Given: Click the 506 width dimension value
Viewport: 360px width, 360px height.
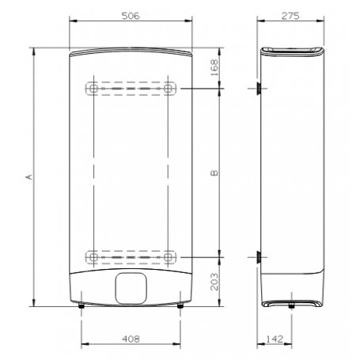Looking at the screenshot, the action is [131, 16].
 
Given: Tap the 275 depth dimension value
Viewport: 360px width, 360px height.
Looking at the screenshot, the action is [290, 16].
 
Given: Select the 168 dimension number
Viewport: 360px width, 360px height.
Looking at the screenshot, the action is [214, 68].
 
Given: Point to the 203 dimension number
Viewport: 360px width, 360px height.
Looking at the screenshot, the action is [214, 282].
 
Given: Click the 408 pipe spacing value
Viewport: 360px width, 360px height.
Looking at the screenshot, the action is [131, 339].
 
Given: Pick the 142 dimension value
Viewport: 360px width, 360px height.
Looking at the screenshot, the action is [275, 339].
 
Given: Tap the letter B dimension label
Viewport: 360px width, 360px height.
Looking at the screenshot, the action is [214, 172].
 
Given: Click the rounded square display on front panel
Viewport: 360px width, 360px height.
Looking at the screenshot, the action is [131, 288].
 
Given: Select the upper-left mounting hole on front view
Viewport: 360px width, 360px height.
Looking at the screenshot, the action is [93, 89].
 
